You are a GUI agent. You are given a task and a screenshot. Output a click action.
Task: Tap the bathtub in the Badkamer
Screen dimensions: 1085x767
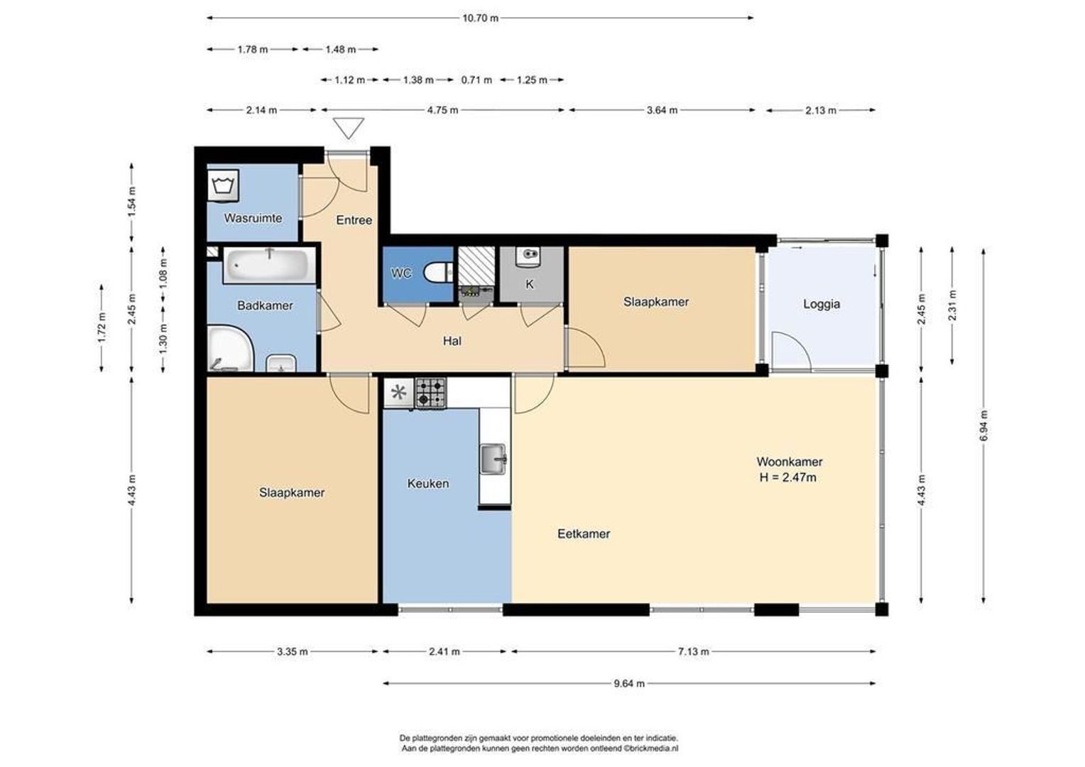(269, 265)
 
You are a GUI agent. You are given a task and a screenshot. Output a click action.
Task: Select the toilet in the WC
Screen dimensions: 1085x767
(438, 273)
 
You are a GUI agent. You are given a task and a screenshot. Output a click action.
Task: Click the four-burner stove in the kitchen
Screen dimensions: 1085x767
(430, 393)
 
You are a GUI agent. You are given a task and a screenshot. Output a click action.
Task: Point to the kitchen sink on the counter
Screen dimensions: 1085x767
(493, 458)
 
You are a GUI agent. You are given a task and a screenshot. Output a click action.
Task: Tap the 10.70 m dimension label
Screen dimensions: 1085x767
(480, 18)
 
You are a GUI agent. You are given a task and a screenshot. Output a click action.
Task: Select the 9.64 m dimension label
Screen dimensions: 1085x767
(629, 684)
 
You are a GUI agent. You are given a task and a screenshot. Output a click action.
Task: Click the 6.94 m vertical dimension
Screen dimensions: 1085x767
(983, 426)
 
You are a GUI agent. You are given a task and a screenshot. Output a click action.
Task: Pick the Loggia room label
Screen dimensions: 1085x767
(822, 304)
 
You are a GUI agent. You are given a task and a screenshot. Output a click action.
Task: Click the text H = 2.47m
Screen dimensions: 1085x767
(787, 478)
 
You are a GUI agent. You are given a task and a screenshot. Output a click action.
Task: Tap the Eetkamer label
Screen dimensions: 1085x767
(584, 534)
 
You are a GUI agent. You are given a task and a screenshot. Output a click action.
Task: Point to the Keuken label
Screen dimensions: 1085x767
(427, 484)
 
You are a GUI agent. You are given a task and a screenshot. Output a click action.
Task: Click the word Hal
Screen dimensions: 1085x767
(452, 341)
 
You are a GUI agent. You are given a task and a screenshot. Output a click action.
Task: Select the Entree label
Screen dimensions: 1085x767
(354, 220)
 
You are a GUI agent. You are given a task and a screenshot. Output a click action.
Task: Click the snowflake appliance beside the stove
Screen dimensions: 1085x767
(398, 393)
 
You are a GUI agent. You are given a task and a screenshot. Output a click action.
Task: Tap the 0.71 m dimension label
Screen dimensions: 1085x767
(476, 80)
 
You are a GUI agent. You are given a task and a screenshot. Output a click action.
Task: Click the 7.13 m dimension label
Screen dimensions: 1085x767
(693, 652)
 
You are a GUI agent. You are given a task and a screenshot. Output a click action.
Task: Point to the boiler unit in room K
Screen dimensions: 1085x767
(528, 256)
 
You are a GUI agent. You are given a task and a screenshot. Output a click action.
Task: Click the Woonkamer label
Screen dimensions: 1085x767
(790, 462)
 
